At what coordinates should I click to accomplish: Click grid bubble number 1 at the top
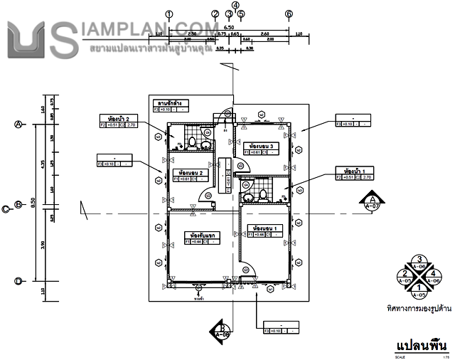click(x=168, y=14)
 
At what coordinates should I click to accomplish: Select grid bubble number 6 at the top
click(x=289, y=14)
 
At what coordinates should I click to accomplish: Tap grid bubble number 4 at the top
click(x=235, y=4)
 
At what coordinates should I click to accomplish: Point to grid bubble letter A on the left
click(x=18, y=124)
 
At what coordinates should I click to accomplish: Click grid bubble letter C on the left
click(x=6, y=208)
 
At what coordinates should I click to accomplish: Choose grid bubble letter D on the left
click(x=18, y=281)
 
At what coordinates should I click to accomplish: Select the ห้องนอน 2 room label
click(x=192, y=173)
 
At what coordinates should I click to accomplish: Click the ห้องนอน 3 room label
click(x=261, y=146)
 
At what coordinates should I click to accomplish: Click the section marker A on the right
click(x=371, y=203)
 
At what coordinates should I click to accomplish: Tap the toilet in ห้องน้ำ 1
click(x=262, y=194)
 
